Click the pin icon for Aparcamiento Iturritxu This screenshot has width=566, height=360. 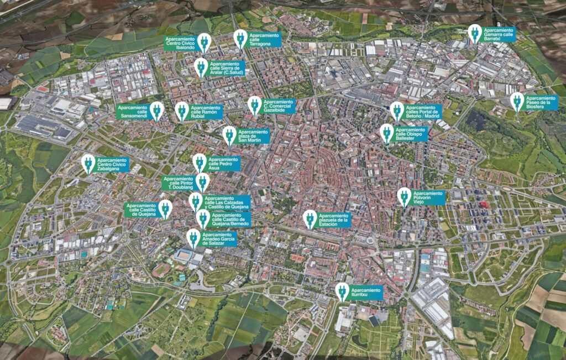tap(342, 291)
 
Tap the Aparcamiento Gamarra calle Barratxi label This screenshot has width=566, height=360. tap(499, 34)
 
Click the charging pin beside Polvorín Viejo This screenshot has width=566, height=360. tap(404, 196)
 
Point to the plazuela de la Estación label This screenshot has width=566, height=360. tap(334, 220)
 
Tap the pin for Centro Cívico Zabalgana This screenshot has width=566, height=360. tap(88, 163)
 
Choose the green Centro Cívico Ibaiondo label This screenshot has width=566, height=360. tap(180, 44)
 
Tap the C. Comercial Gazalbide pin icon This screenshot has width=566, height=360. tap(254, 105)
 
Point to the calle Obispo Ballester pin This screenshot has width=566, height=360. tap(387, 133)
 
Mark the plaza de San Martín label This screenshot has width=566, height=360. tap(253, 136)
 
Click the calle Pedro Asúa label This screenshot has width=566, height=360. tap(224, 163)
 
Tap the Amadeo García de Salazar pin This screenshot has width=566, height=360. tap(193, 238)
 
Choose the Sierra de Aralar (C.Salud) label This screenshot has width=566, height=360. tap(226, 68)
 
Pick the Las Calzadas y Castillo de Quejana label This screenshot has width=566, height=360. tap(227, 202)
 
